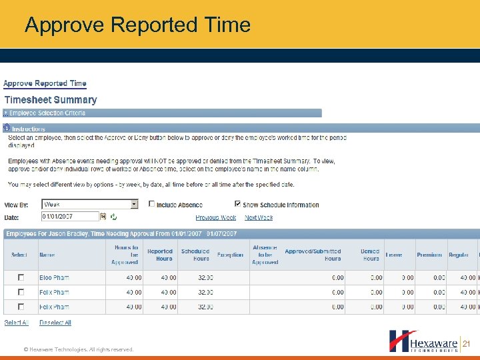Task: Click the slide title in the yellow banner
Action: point(137,25)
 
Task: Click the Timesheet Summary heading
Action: point(51,100)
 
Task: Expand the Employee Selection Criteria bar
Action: point(6,113)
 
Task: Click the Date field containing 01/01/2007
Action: point(69,216)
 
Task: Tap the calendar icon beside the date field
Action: point(103,216)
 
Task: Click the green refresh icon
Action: point(113,217)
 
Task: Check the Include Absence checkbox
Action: point(152,204)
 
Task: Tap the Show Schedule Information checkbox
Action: point(238,204)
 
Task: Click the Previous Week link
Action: point(215,217)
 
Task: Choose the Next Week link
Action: point(259,217)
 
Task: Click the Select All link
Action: point(17,323)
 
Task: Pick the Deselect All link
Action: point(55,323)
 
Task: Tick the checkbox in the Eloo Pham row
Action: point(21,277)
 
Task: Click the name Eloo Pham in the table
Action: point(54,277)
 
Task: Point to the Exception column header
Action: point(230,255)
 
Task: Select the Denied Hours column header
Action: point(371,255)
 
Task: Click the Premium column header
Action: point(429,255)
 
